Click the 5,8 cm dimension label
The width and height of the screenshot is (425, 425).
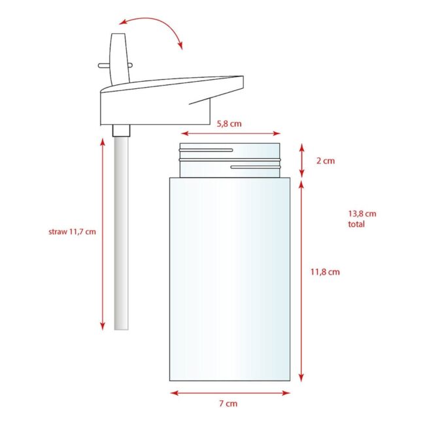click(x=229, y=124)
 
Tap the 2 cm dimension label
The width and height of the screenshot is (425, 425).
click(x=325, y=161)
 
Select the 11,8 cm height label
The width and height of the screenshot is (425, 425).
click(x=325, y=272)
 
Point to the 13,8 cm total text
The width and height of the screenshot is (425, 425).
click(x=362, y=219)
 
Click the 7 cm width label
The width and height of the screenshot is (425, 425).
click(x=228, y=403)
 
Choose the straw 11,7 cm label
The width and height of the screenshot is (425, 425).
click(x=72, y=231)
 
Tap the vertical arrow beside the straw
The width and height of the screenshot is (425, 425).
click(x=103, y=234)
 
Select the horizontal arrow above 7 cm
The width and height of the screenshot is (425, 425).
click(x=230, y=393)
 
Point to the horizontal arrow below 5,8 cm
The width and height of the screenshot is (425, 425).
click(x=230, y=133)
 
